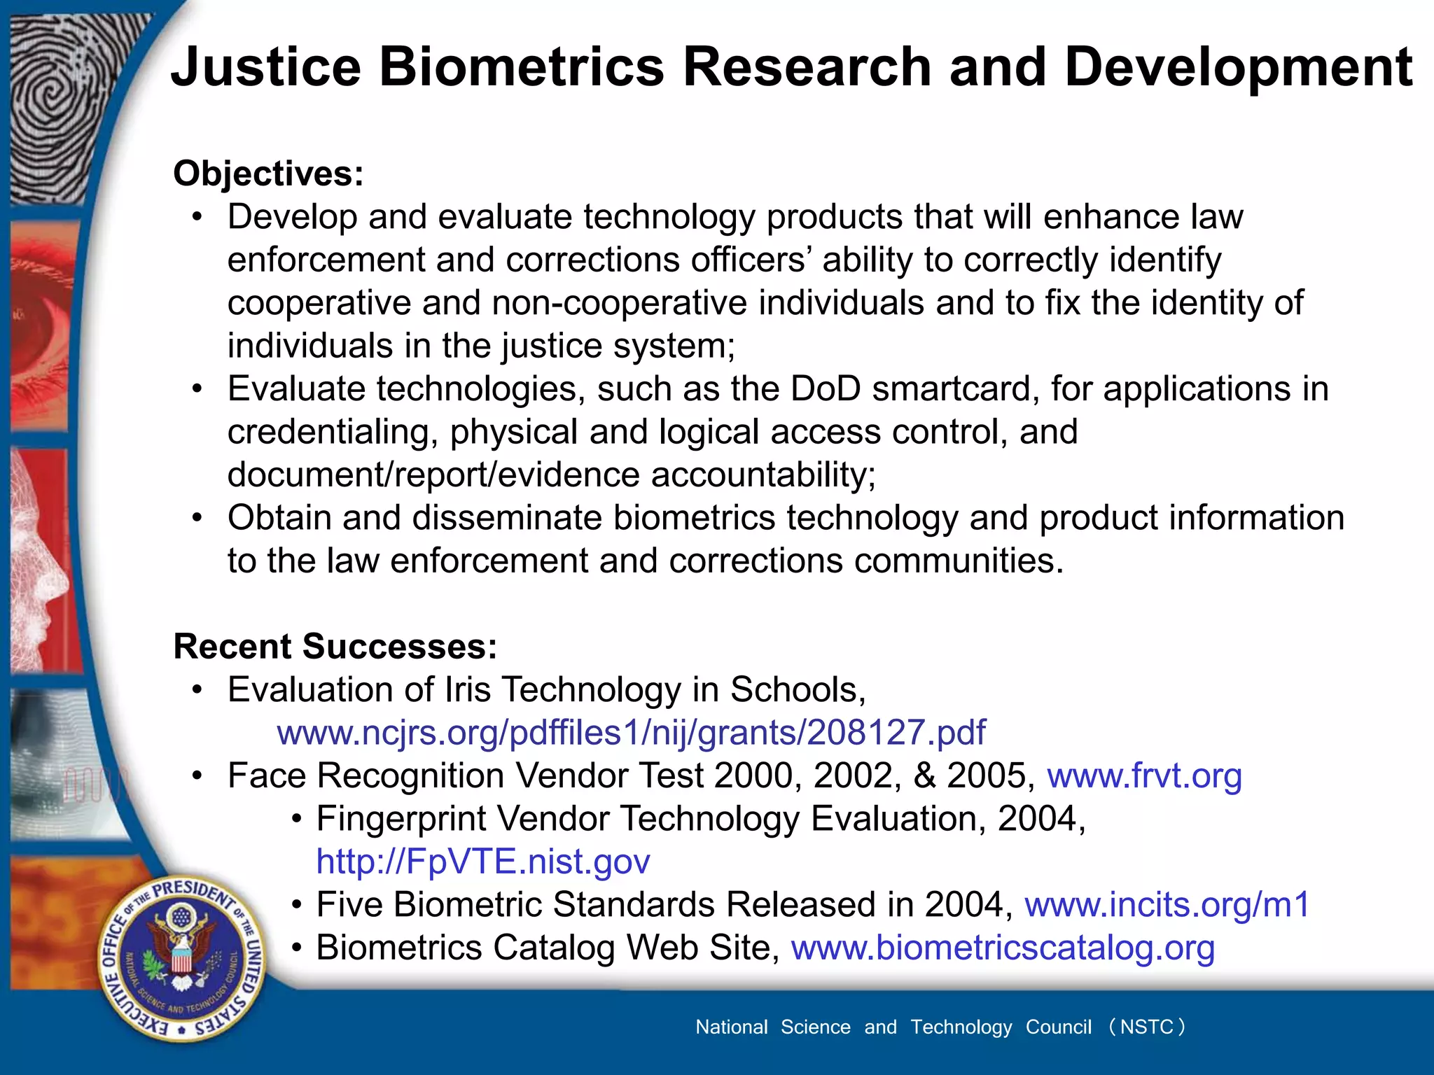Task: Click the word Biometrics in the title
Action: point(521,67)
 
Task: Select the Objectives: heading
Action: point(268,174)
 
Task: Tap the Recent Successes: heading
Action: point(335,646)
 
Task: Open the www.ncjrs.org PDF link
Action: point(631,733)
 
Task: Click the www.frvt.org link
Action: point(1144,776)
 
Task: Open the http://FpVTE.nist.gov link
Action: point(483,862)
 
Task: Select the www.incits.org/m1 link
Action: point(1167,905)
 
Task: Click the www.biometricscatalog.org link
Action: point(1003,948)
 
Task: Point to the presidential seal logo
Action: point(182,958)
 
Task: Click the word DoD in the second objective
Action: point(826,389)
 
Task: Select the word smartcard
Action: point(956,389)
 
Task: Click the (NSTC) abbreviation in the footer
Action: point(1146,1027)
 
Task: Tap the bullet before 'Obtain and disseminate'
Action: point(198,519)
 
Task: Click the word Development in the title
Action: point(1238,67)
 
